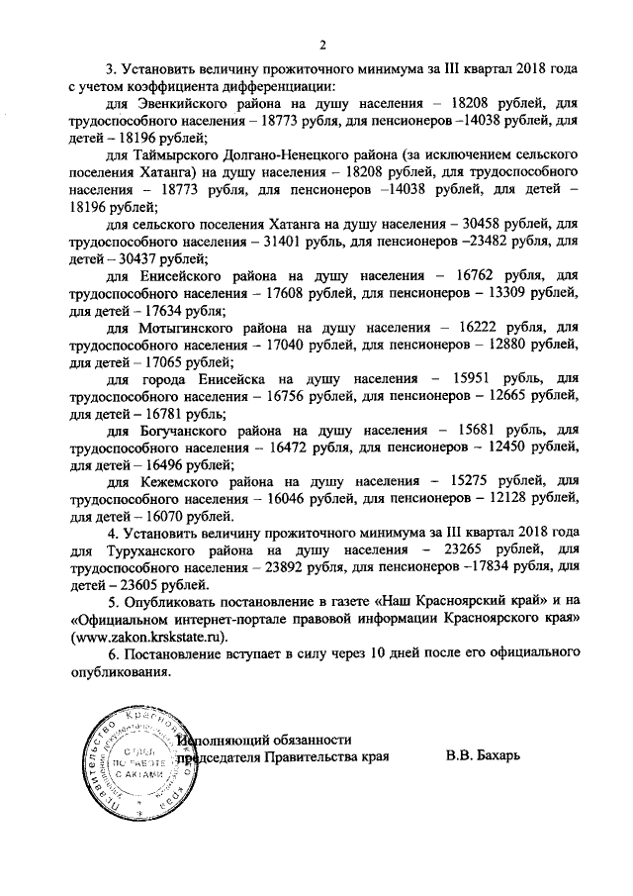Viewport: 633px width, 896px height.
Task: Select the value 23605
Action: (130, 585)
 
